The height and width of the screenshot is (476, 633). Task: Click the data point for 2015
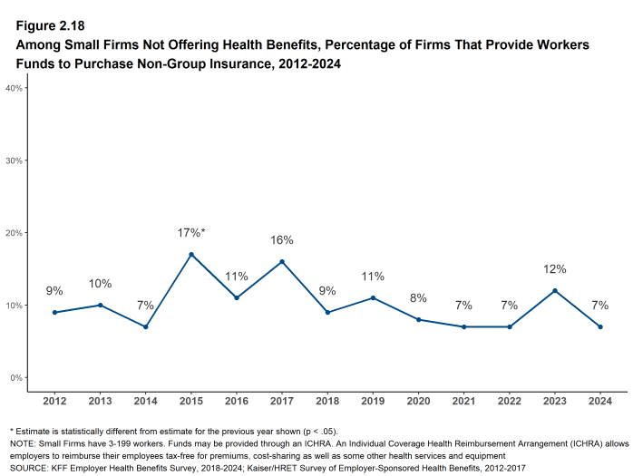[x=190, y=255]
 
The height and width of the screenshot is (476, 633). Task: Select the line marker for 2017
[x=282, y=262]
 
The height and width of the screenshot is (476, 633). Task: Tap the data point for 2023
[x=555, y=291]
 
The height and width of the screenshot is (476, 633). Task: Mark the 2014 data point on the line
[x=145, y=326]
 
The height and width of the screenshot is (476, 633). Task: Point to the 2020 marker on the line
[x=418, y=319]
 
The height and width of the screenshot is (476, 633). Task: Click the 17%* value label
[x=190, y=233]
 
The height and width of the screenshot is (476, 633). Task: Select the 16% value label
[x=282, y=240]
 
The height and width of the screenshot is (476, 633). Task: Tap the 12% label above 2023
[x=555, y=269]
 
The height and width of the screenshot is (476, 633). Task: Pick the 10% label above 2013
[x=100, y=284]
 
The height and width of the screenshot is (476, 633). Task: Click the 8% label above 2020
[x=418, y=298]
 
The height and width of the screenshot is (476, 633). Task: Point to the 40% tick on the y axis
[x=14, y=88]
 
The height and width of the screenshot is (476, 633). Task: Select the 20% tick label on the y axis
[x=14, y=233]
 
